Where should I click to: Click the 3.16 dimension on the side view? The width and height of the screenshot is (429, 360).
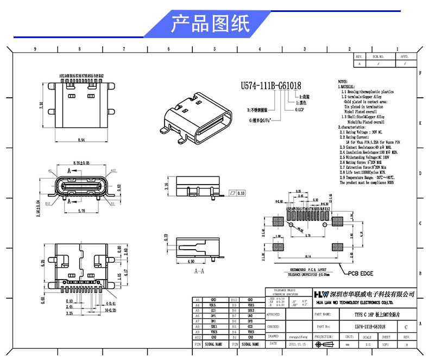166,187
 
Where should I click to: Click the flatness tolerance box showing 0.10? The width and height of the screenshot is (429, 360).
237,192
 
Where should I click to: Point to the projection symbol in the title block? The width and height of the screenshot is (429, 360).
327,344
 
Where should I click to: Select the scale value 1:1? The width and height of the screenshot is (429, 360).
368,344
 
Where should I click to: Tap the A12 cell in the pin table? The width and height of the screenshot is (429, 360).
198,337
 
